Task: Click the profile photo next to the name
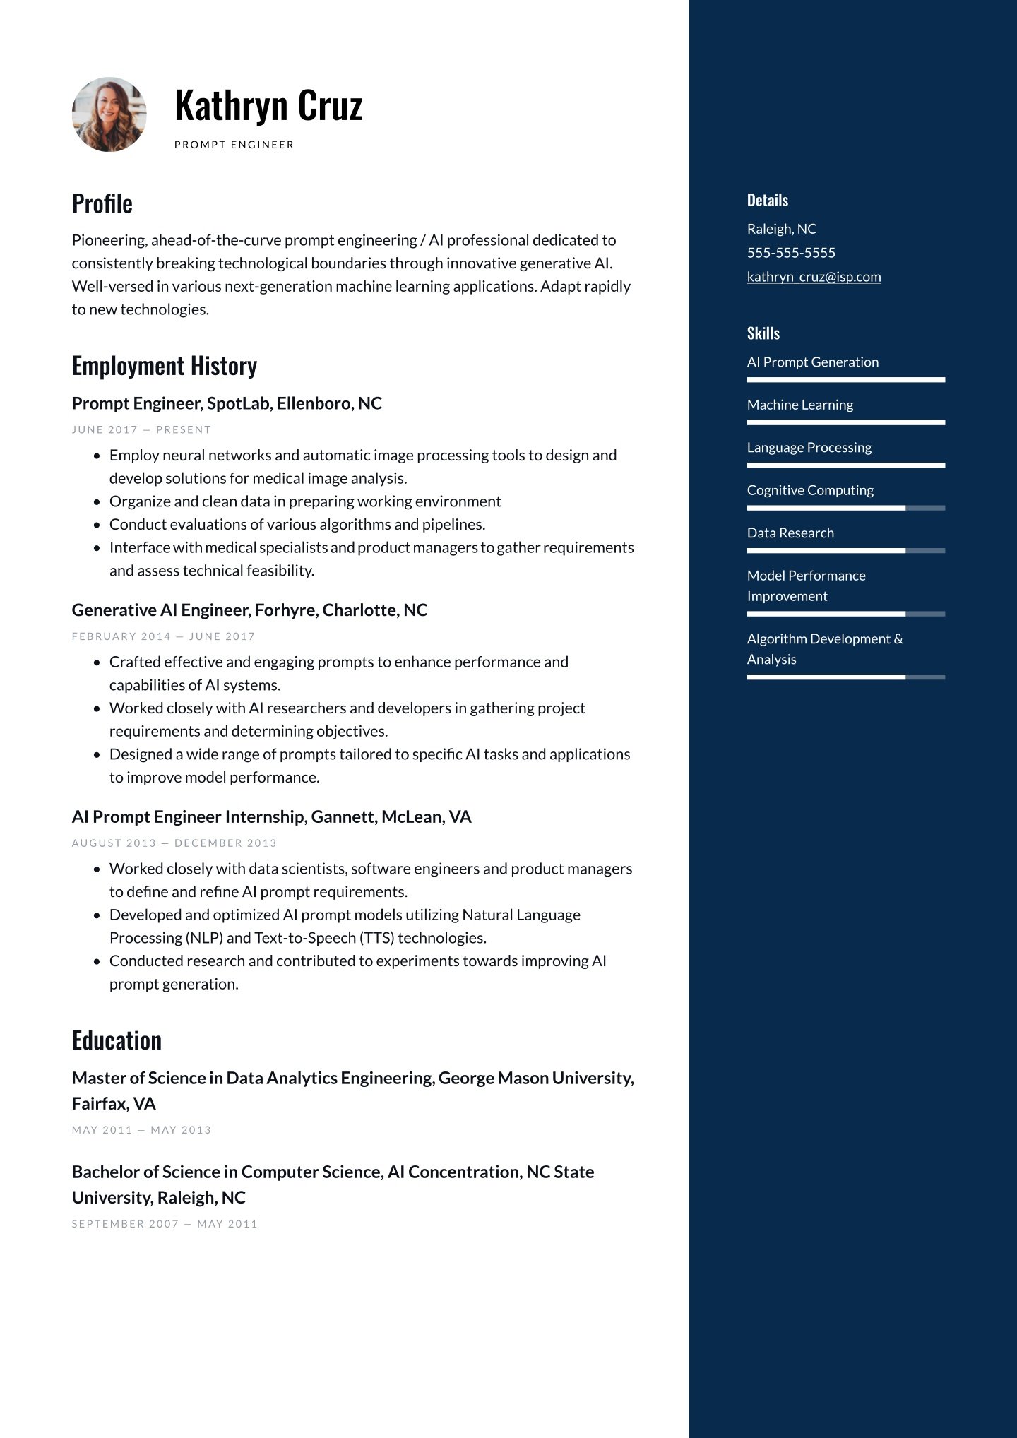coord(109,114)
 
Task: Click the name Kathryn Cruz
coord(268,106)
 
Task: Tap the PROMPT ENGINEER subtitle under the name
coord(234,145)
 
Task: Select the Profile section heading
coord(102,204)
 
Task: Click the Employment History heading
coord(165,366)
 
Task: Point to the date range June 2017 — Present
coord(141,429)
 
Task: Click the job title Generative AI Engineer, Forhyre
coord(249,610)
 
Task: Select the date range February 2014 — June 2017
coord(163,636)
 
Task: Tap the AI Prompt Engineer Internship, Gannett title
coord(271,816)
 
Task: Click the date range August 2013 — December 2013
coord(174,843)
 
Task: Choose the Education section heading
coord(117,1040)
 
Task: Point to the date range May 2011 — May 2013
coord(141,1130)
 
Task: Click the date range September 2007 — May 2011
coord(165,1224)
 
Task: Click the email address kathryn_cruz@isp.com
coord(814,277)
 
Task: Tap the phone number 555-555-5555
coord(791,253)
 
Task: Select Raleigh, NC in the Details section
coord(781,229)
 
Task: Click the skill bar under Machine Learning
coord(845,422)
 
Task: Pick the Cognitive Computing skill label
coord(810,490)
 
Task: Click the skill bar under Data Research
coord(845,550)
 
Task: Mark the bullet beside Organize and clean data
coord(97,502)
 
